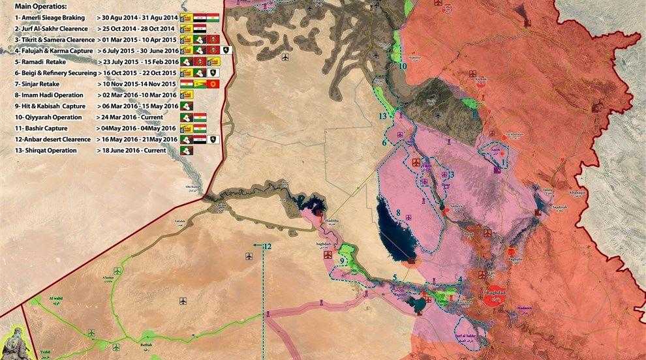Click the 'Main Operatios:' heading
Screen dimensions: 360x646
pyautogui.click(x=40, y=8)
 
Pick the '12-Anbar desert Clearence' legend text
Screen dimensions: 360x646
pyautogui.click(x=50, y=140)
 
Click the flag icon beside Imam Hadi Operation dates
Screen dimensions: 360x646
pyautogui.click(x=187, y=95)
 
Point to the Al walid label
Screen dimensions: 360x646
pyautogui.click(x=58, y=299)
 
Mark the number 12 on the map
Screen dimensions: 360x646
pyautogui.click(x=266, y=247)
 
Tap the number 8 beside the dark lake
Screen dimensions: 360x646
pyautogui.click(x=397, y=213)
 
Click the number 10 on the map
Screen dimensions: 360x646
pyautogui.click(x=403, y=66)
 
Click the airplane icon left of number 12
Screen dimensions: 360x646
pyautogui.click(x=249, y=254)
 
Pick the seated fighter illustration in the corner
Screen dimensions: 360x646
pyautogui.click(x=14, y=342)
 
